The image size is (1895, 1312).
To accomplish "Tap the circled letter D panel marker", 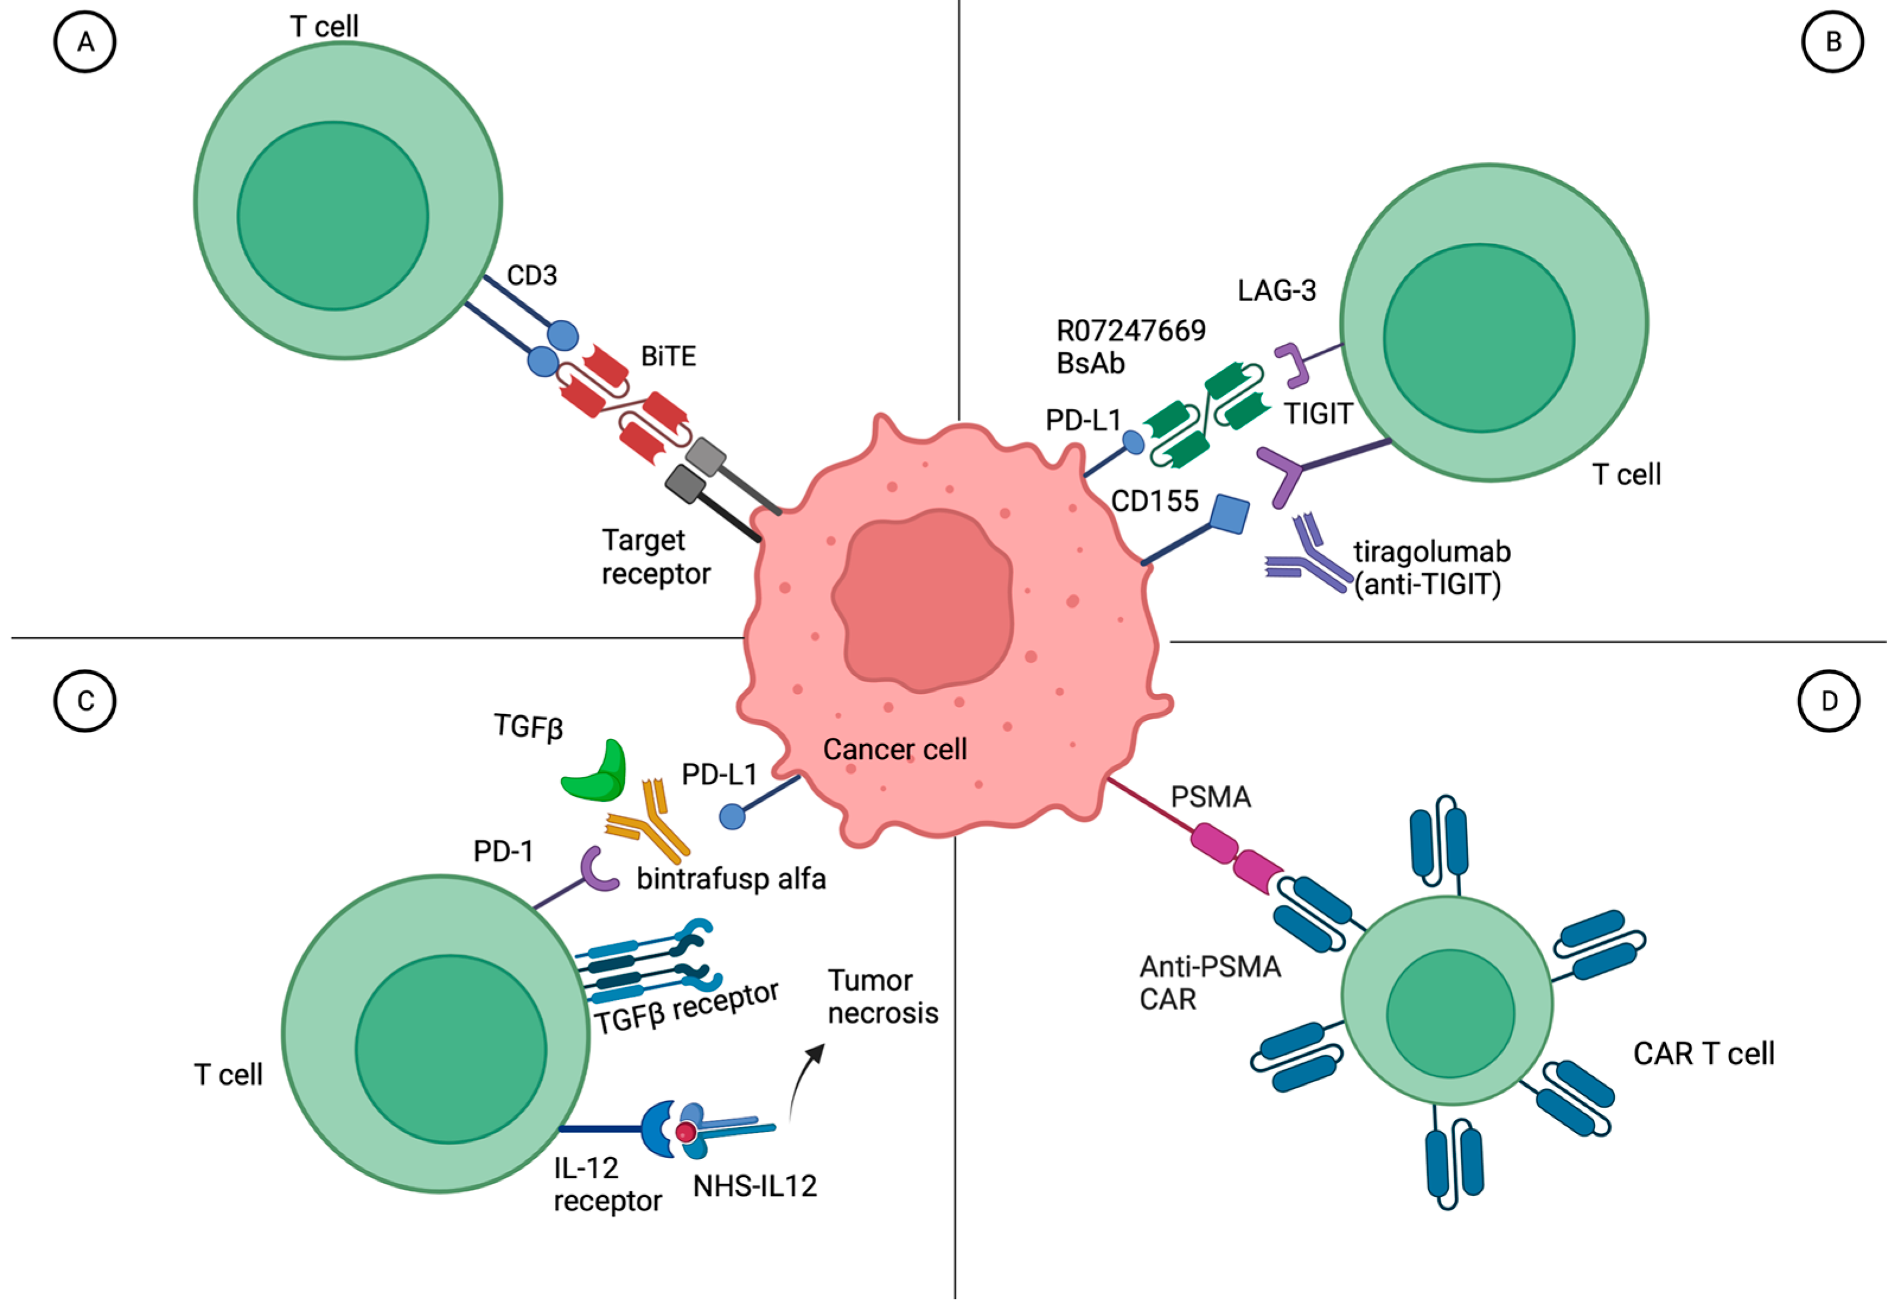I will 1829,701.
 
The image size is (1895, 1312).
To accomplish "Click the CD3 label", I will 532,276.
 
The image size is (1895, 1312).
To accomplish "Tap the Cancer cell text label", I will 894,750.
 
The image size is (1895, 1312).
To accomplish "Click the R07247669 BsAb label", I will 1130,347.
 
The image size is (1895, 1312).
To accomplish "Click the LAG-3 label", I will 1277,290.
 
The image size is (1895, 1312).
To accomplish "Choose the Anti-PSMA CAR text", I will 1209,983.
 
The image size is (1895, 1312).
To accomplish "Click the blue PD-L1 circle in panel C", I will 731,817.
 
